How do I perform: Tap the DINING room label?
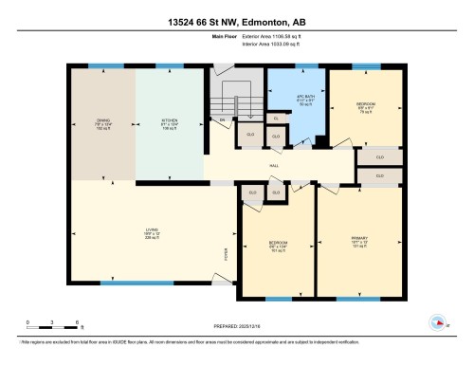103,122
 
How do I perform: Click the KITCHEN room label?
170,122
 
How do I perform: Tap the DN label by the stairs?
223,121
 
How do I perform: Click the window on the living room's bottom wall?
123,282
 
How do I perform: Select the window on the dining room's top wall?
99,66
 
